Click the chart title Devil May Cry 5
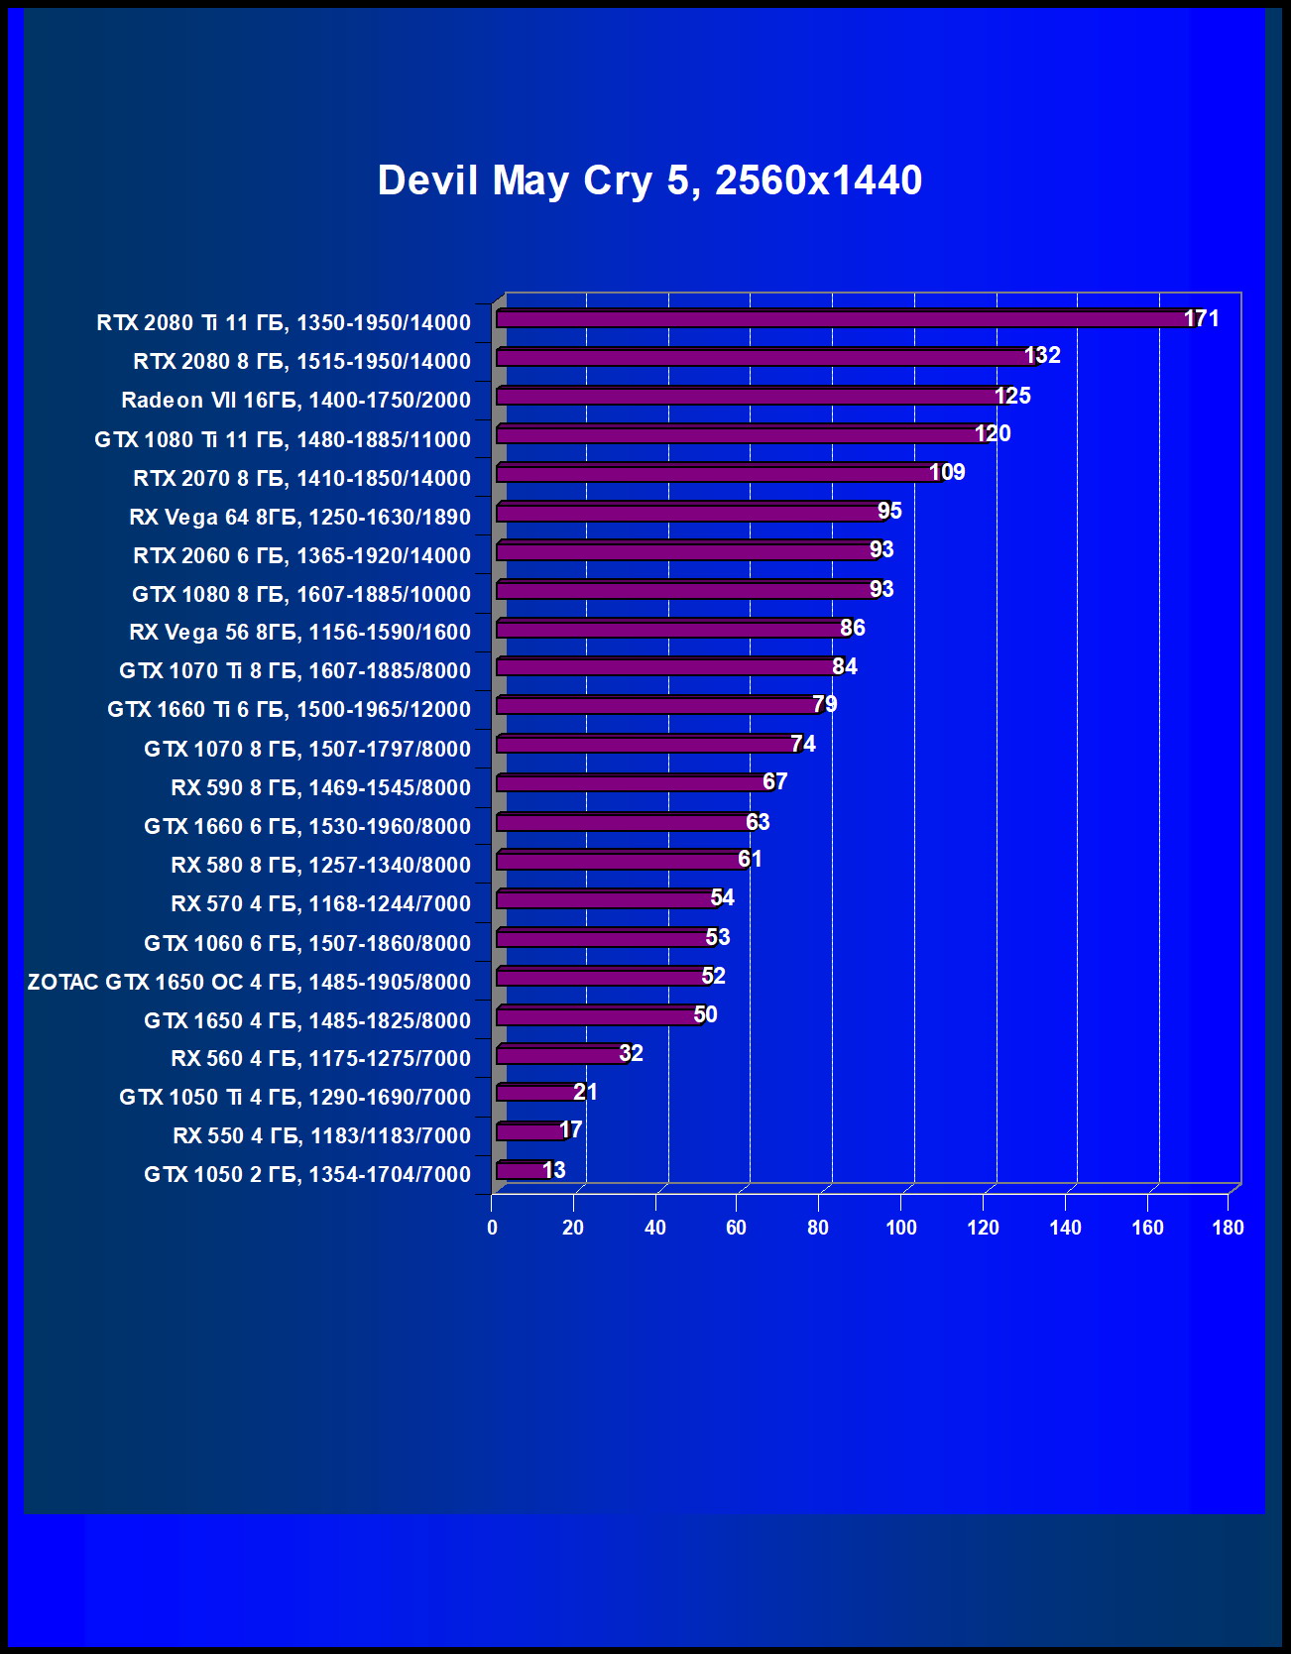pos(649,180)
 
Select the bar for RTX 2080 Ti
pos(843,319)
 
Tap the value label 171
pos(1202,318)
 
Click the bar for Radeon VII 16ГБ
pos(749,397)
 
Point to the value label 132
pos(1042,355)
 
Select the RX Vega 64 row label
pos(299,517)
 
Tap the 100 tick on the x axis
pos(901,1228)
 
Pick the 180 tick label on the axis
pos(1228,1228)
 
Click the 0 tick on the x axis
pos(492,1228)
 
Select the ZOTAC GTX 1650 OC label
pos(249,982)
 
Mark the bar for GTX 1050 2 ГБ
pos(521,1171)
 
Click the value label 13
pos(554,1170)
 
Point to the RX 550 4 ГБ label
pos(321,1135)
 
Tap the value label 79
pos(825,704)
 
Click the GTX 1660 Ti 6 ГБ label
pos(289,709)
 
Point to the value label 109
pos(947,472)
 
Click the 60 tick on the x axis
pos(736,1228)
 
